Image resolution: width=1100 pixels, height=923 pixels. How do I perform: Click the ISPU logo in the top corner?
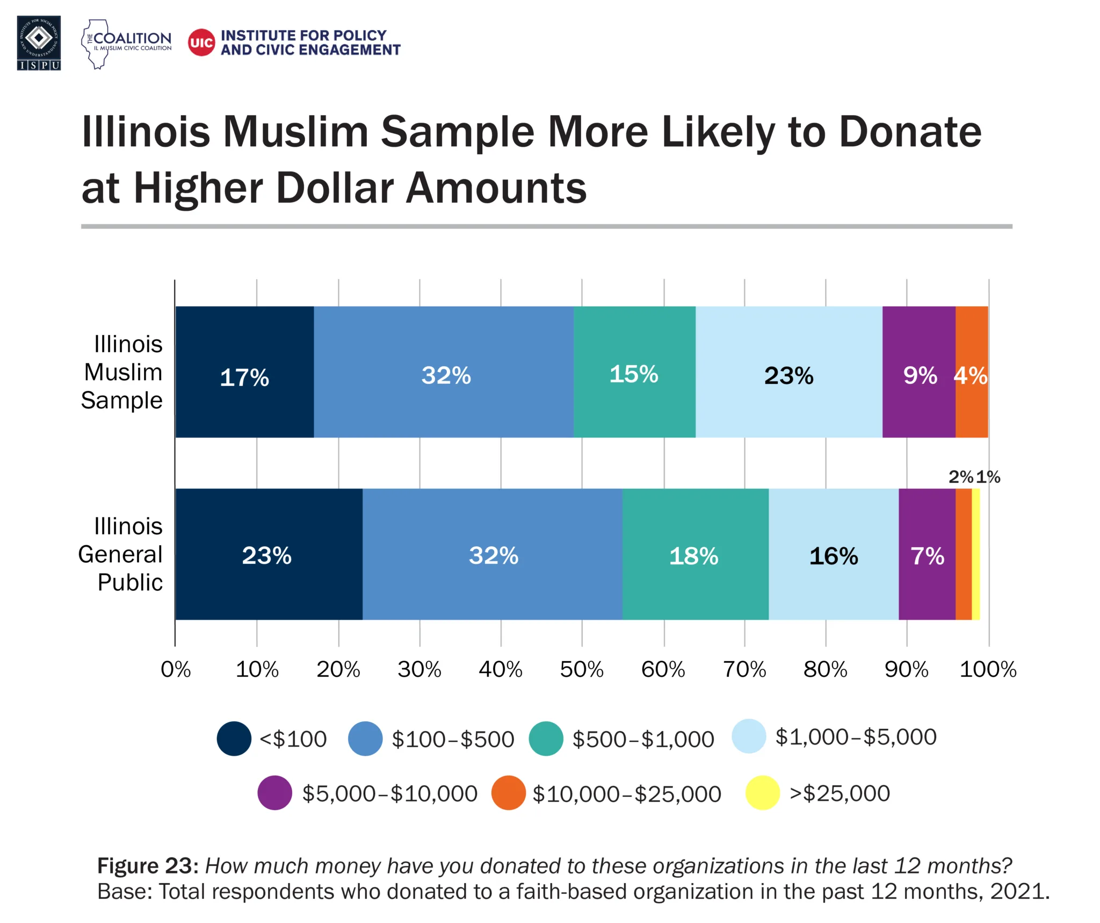[39, 43]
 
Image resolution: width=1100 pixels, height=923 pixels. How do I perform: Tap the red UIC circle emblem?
[201, 42]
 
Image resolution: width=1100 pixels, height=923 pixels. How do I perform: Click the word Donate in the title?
[910, 132]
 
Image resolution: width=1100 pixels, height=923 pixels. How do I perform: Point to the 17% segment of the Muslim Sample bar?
[244, 372]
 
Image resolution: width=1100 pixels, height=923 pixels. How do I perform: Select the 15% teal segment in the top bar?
[634, 372]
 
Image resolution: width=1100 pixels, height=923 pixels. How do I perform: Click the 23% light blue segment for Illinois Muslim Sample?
[788, 372]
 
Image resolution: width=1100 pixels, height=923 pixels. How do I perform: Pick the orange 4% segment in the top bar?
[971, 372]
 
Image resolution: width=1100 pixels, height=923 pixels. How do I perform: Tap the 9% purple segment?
[919, 372]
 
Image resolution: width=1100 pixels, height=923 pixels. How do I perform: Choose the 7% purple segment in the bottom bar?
[927, 554]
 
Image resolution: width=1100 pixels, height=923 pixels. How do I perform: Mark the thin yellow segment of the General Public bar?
[976, 554]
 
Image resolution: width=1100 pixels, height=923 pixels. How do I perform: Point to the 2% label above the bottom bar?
[960, 477]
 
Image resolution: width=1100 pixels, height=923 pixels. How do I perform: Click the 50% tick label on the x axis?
[582, 670]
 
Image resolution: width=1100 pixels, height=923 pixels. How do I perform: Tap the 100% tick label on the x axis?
[988, 670]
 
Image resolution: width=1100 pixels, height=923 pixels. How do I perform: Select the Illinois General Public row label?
[121, 554]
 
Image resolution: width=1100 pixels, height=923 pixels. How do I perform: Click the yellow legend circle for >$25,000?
[763, 793]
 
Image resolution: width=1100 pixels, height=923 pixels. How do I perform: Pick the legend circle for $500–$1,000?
[546, 739]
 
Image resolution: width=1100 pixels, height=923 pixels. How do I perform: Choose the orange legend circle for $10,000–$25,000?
[508, 793]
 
